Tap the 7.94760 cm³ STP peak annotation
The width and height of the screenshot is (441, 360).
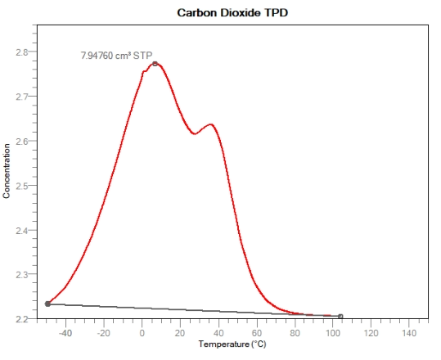pos(117,56)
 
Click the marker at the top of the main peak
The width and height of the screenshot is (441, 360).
pos(155,64)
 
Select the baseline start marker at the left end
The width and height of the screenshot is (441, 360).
pos(47,304)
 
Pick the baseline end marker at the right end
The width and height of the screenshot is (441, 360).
pos(340,317)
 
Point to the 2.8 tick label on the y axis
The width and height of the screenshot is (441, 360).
pos(21,52)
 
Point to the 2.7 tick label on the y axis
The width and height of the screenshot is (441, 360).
pos(21,97)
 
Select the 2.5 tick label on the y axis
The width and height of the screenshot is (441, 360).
pos(21,186)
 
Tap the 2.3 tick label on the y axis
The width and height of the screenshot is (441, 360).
pos(21,275)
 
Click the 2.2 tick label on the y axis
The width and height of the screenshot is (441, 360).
pos(21,318)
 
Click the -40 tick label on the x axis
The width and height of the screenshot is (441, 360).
pos(65,333)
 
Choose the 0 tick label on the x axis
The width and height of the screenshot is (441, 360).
pos(142,333)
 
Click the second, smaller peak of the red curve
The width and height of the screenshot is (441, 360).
pos(210,124)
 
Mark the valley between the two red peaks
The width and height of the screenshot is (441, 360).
pos(194,133)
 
